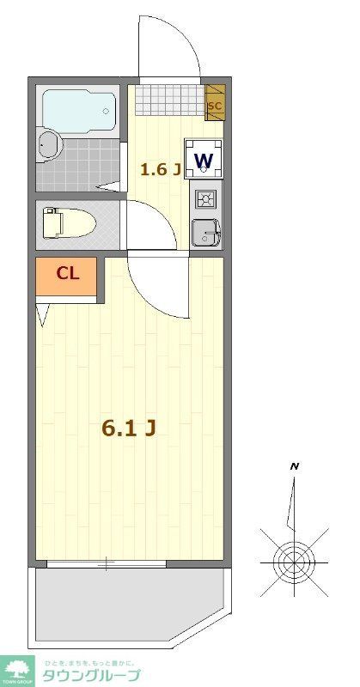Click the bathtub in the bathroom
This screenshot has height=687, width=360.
pos(78,109)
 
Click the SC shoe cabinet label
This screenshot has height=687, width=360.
pos(215,106)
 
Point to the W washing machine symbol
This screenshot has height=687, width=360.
pos(204,160)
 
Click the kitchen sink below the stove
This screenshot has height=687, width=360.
pos(205,232)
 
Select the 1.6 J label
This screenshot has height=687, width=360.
pos(160,168)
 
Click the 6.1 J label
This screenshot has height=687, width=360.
pos(128,428)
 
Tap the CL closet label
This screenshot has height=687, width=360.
pos(68,274)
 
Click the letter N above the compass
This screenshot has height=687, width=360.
pos(295,466)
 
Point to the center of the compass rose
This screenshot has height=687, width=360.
pos(293,562)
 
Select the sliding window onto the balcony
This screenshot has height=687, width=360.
pos(107,564)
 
